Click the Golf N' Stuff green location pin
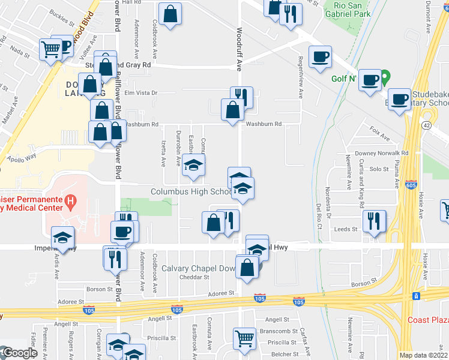(387, 77)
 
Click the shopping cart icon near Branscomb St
(244, 338)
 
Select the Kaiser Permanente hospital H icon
(71, 200)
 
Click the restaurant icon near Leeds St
(375, 220)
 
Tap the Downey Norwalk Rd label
(388, 153)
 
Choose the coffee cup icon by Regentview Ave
(320, 57)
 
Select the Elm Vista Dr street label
(140, 93)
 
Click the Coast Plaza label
(427, 319)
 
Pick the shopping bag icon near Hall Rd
(170, 14)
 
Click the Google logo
(20, 353)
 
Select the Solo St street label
(379, 169)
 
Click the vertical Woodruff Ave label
(239, 49)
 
